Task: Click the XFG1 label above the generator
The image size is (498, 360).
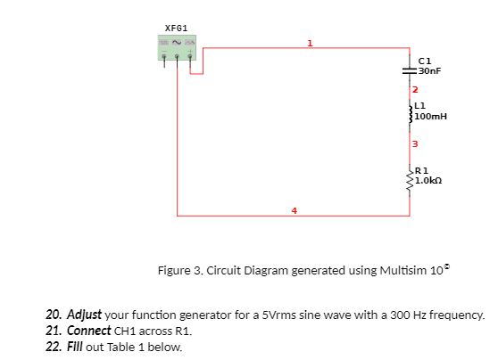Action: point(176,29)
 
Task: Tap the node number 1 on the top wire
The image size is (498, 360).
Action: point(310,42)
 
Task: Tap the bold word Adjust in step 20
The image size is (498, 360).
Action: point(84,315)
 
